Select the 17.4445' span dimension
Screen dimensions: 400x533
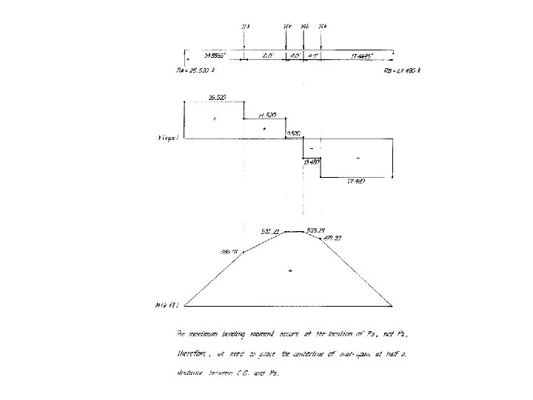click(363, 56)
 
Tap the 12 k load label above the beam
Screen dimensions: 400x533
click(245, 27)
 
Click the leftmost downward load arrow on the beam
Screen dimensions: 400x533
click(244, 41)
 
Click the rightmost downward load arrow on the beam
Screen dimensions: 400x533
click(321, 41)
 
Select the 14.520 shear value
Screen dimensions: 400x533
click(266, 116)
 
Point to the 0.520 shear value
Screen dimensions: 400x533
click(294, 133)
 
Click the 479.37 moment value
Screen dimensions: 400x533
click(333, 239)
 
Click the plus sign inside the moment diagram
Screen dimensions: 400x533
click(291, 271)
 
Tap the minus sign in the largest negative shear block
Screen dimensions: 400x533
click(358, 157)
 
